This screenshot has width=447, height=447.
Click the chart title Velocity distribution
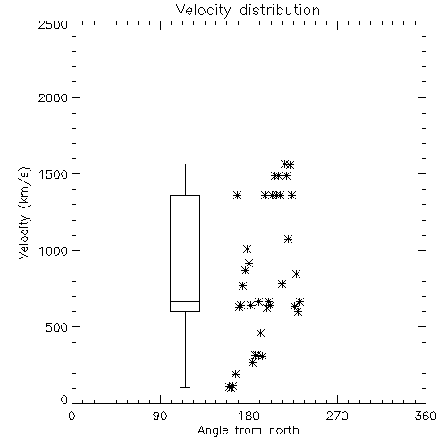point(248,10)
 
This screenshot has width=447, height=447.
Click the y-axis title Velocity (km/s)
point(24,213)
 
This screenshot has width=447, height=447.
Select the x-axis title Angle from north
point(248,431)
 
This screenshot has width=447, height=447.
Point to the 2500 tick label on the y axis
point(53,24)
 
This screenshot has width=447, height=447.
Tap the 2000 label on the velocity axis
point(53,97)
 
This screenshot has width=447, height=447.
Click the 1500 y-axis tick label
point(54,174)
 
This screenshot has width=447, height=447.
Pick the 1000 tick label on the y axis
point(54,250)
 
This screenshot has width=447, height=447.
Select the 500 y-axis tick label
point(57,327)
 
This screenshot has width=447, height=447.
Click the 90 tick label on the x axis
point(160,416)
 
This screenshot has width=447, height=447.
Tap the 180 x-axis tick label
point(249,416)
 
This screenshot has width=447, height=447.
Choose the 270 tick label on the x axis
point(337,416)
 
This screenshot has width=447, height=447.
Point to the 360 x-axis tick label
point(426,416)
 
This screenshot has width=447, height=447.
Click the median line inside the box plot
point(185,301)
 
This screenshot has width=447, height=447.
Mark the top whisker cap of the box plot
point(185,164)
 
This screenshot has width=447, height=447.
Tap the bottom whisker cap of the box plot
point(185,387)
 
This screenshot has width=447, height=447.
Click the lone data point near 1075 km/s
point(288,239)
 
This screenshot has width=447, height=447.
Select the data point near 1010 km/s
point(247,249)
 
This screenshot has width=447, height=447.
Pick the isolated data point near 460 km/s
point(261,333)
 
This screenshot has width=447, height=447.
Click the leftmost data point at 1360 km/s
point(237,196)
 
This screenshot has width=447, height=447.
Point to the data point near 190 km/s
point(235,374)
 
